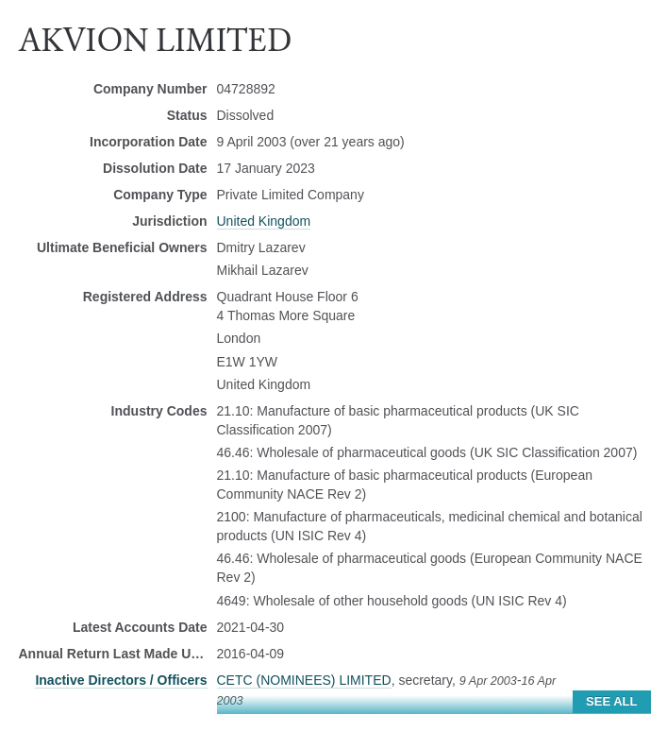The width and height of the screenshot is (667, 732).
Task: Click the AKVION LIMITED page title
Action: (155, 41)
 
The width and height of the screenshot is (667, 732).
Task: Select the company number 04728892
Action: (245, 89)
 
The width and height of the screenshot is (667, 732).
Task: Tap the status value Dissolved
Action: (244, 115)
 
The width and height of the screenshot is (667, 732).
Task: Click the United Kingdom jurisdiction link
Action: (263, 221)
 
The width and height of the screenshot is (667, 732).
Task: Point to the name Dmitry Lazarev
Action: (260, 247)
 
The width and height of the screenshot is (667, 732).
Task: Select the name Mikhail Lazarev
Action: (262, 270)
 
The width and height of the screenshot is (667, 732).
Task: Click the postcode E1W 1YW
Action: (246, 362)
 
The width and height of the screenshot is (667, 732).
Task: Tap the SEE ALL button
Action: (610, 701)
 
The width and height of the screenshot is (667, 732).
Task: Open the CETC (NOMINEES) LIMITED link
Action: (303, 680)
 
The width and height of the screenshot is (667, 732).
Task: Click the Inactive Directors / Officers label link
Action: (121, 680)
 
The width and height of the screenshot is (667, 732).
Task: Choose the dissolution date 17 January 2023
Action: (265, 168)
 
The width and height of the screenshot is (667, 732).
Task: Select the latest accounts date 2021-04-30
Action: (250, 627)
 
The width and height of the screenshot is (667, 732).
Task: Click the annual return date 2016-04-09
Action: (250, 654)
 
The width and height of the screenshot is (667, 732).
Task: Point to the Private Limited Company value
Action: (290, 195)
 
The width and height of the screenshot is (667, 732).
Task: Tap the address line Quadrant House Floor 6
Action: (287, 297)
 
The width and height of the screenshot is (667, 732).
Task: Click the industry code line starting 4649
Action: (391, 601)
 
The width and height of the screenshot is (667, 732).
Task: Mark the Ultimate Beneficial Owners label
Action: (122, 247)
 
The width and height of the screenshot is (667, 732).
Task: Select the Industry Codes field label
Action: (158, 411)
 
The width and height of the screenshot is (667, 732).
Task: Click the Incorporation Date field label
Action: (148, 142)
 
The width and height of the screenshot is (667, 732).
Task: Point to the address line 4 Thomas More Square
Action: (285, 315)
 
